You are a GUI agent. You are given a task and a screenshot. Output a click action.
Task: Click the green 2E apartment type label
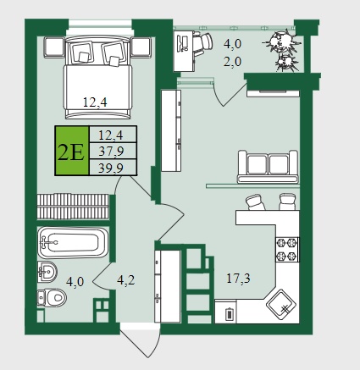point(71,151)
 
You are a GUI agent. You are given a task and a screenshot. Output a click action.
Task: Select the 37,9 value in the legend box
point(111,152)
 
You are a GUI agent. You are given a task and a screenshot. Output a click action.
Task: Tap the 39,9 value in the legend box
point(111,168)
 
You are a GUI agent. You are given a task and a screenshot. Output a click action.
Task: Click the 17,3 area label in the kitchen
point(238,279)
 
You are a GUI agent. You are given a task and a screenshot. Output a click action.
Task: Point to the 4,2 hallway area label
point(126,280)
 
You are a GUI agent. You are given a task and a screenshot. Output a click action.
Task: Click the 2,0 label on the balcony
point(233,62)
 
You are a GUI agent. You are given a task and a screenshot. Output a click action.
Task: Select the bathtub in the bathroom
point(73,243)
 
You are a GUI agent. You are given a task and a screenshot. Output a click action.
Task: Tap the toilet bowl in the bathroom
point(52,297)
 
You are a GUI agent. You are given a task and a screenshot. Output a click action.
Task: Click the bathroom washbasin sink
point(47,272)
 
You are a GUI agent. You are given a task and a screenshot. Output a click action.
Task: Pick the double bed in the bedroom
point(98,77)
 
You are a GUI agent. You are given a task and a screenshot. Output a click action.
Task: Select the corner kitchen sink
point(281,305)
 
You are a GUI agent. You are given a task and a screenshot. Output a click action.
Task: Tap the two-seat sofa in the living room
point(268,167)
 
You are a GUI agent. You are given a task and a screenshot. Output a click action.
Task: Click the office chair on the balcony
point(202,43)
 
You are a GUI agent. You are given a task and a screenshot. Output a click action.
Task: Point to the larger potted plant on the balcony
point(282,41)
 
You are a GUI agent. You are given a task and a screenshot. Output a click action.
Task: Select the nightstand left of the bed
point(54,47)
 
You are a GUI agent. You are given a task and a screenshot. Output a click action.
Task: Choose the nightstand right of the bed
point(141,47)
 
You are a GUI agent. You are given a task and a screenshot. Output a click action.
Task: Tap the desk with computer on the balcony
point(184,51)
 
